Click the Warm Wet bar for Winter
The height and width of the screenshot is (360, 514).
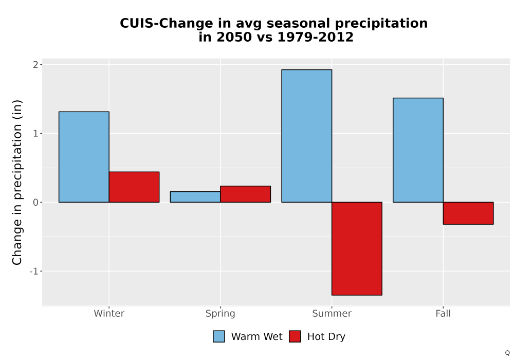pos(84,157)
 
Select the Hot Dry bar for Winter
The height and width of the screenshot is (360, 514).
pos(134,187)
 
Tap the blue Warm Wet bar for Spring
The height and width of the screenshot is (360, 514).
pos(195,197)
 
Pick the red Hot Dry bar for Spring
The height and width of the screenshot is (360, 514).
pos(246,194)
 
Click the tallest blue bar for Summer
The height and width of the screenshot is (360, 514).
pos(307,136)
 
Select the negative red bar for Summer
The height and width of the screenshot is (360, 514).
pos(357,248)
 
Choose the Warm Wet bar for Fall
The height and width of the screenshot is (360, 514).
pos(418,150)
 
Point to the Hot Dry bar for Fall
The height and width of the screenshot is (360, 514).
pos(468,213)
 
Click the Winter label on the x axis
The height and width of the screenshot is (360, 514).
pos(109,313)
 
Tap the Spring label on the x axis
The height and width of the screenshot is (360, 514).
pos(221,314)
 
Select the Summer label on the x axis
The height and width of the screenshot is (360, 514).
pos(332,313)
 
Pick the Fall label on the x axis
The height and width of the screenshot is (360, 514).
pos(443,313)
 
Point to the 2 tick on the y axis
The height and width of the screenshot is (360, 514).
pos(36,65)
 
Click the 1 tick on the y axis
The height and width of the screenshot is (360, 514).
pos(36,133)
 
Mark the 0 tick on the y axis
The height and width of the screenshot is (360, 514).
pos(36,202)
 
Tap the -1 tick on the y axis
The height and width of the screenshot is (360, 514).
pos(34,271)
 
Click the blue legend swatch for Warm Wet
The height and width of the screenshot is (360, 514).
pos(219,336)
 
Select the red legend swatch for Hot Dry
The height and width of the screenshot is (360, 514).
pos(295,336)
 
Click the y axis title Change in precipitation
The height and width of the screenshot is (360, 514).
pos(17,182)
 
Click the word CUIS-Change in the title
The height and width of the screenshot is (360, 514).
pos(167,24)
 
